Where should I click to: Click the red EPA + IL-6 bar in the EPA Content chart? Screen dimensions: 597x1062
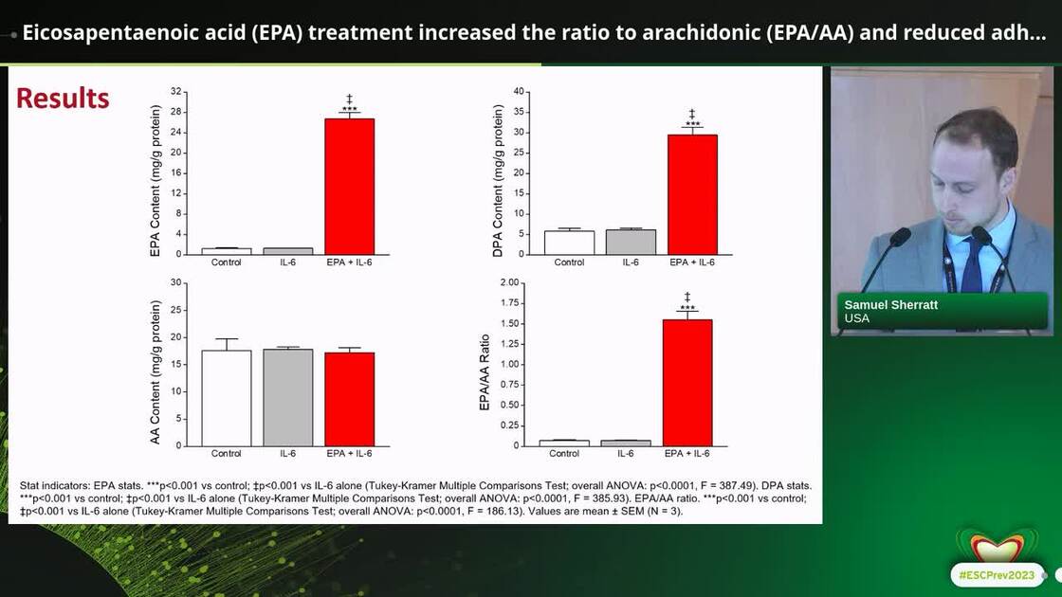tap(349, 186)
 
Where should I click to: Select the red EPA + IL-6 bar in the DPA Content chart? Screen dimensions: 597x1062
tap(692, 194)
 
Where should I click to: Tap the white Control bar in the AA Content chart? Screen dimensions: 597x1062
tap(226, 398)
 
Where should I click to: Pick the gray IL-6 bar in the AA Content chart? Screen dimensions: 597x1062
tap(287, 398)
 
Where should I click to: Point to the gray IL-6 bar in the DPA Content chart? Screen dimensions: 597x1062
tap(631, 242)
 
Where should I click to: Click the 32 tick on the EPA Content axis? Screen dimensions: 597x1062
tap(175, 91)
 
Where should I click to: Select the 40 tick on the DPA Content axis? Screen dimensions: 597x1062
tap(518, 91)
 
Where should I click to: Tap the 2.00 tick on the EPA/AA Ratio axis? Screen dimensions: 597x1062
tap(509, 282)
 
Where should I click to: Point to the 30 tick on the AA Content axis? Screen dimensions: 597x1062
tap(175, 282)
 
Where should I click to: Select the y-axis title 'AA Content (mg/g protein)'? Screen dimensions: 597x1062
tap(156, 372)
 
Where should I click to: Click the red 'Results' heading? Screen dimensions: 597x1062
tap(63, 98)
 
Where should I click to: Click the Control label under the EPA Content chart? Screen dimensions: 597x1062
tap(226, 262)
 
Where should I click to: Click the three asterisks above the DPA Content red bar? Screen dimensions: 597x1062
tap(692, 124)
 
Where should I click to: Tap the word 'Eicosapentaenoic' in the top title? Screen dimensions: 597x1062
tap(97, 33)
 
